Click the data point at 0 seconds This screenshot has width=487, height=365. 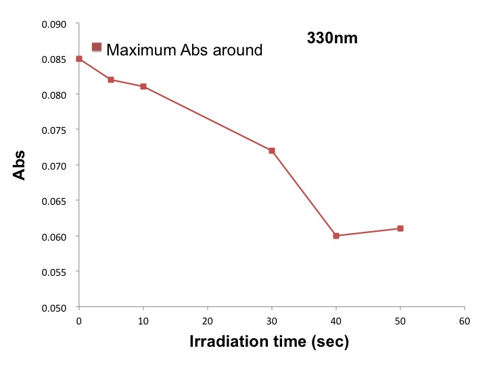coord(79,59)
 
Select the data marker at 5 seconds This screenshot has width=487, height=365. coord(111,80)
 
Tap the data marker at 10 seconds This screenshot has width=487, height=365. coord(143,87)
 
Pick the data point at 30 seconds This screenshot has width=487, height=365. coord(272,151)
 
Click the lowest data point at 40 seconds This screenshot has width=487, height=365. coord(336,236)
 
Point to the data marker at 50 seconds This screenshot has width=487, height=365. coord(400,228)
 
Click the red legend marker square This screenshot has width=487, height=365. coord(97,47)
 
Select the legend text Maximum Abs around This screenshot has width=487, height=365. coord(185,49)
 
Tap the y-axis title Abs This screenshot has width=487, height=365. coord(20,165)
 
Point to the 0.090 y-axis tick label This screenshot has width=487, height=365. coord(55,24)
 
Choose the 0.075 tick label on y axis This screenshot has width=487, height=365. coord(55,130)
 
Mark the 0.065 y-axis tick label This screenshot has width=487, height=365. coord(55,201)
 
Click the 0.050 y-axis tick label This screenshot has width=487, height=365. coord(55,308)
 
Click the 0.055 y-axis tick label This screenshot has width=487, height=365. coord(55,272)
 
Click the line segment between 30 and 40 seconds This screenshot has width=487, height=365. coord(304,193)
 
